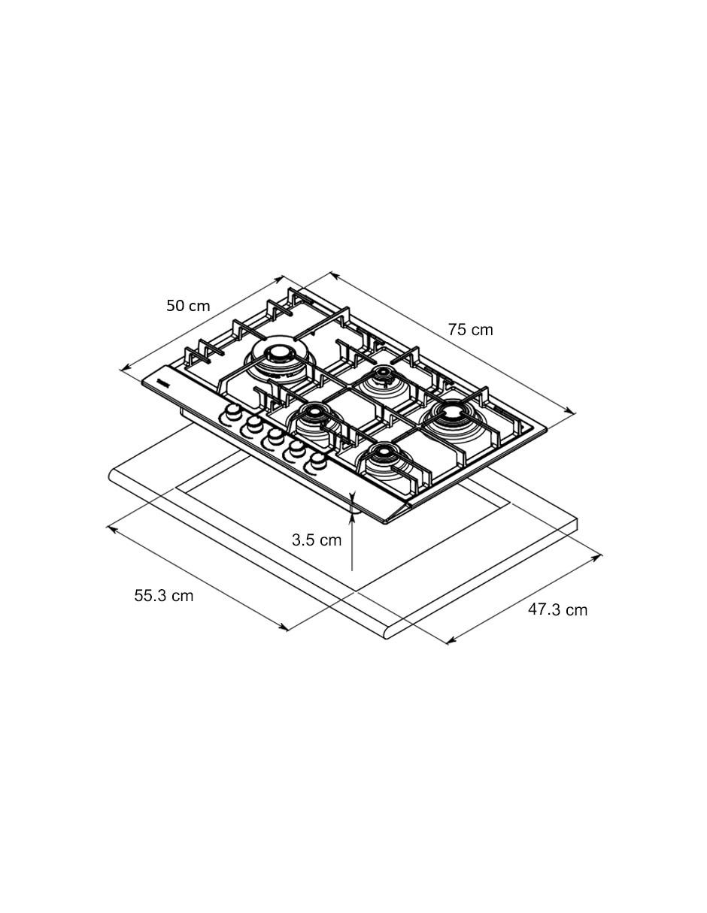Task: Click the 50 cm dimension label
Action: pyautogui.click(x=188, y=305)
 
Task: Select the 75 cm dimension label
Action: pyautogui.click(x=470, y=330)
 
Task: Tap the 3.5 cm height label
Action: pyautogui.click(x=317, y=540)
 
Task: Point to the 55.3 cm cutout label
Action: pyautogui.click(x=163, y=596)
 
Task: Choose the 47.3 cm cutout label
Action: pyautogui.click(x=557, y=609)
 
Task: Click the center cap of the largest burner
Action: pyautogui.click(x=278, y=352)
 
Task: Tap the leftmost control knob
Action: pyautogui.click(x=232, y=413)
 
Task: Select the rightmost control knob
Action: pyautogui.click(x=319, y=461)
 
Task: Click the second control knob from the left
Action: pyautogui.click(x=253, y=424)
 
